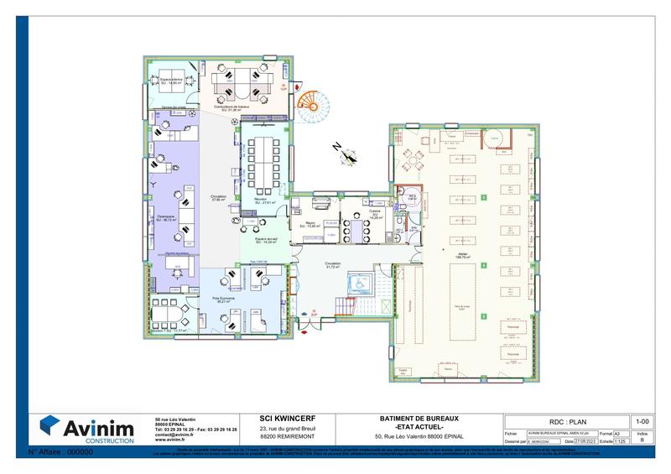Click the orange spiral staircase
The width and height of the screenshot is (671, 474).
pyautogui.click(x=315, y=104)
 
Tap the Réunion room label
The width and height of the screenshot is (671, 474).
pyautogui.click(x=265, y=201)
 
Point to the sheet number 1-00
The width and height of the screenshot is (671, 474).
pyautogui.click(x=642, y=421)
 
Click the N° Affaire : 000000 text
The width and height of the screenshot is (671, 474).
pyautogui.click(x=60, y=451)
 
